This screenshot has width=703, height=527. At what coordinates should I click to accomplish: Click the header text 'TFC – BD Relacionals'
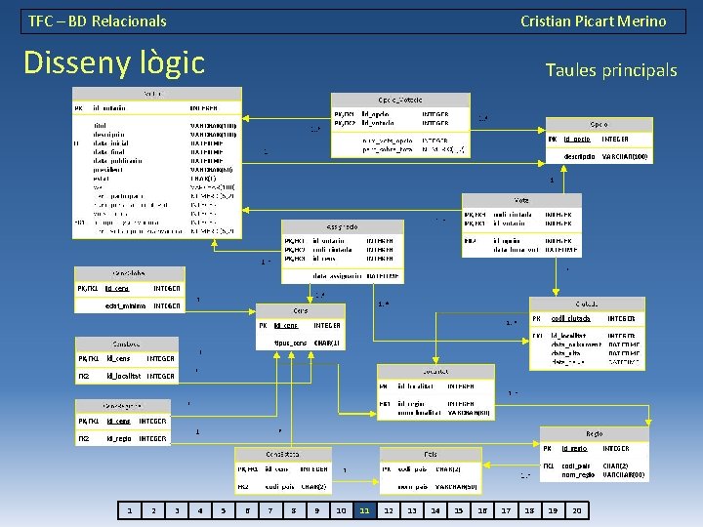98,20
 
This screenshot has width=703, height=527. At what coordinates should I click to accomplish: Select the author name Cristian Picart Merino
593,20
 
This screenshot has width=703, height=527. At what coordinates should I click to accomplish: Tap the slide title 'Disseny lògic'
113,62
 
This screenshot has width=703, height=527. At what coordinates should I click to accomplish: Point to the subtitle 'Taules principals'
610,70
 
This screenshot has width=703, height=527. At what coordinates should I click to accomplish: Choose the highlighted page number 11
364,510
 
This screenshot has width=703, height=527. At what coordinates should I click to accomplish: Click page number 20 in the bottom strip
576,510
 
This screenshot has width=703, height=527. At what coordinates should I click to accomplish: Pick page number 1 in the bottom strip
129,510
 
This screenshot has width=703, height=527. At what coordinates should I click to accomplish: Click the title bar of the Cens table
301,310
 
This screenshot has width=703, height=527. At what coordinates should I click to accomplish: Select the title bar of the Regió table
593,433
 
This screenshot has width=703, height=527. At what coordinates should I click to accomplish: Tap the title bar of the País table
430,454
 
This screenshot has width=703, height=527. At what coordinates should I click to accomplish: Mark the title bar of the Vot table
522,199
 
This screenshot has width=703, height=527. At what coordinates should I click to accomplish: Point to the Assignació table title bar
342,225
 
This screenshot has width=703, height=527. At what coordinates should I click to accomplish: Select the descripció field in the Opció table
580,156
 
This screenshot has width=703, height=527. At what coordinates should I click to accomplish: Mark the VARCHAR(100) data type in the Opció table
624,156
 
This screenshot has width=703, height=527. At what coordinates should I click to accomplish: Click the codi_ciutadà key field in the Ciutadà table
571,318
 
